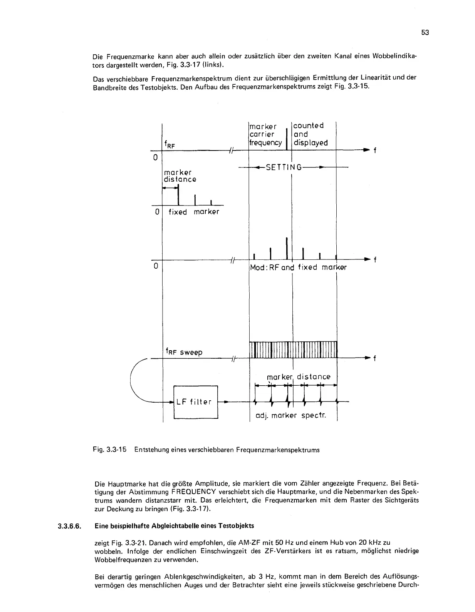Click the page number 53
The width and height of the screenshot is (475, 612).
click(425, 33)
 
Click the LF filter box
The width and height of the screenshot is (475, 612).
click(196, 402)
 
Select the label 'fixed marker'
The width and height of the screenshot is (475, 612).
click(194, 212)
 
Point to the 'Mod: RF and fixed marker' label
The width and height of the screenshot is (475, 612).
click(298, 267)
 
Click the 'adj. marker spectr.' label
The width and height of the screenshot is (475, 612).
click(291, 416)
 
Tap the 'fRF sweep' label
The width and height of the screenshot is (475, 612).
click(183, 352)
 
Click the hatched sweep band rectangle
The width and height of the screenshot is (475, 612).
click(294, 349)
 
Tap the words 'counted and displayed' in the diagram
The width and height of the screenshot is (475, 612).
click(310, 134)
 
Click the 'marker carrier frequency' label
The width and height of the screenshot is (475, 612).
click(265, 134)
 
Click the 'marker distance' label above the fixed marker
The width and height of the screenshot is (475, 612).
click(180, 176)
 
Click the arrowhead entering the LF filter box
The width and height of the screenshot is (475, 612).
click(171, 402)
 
